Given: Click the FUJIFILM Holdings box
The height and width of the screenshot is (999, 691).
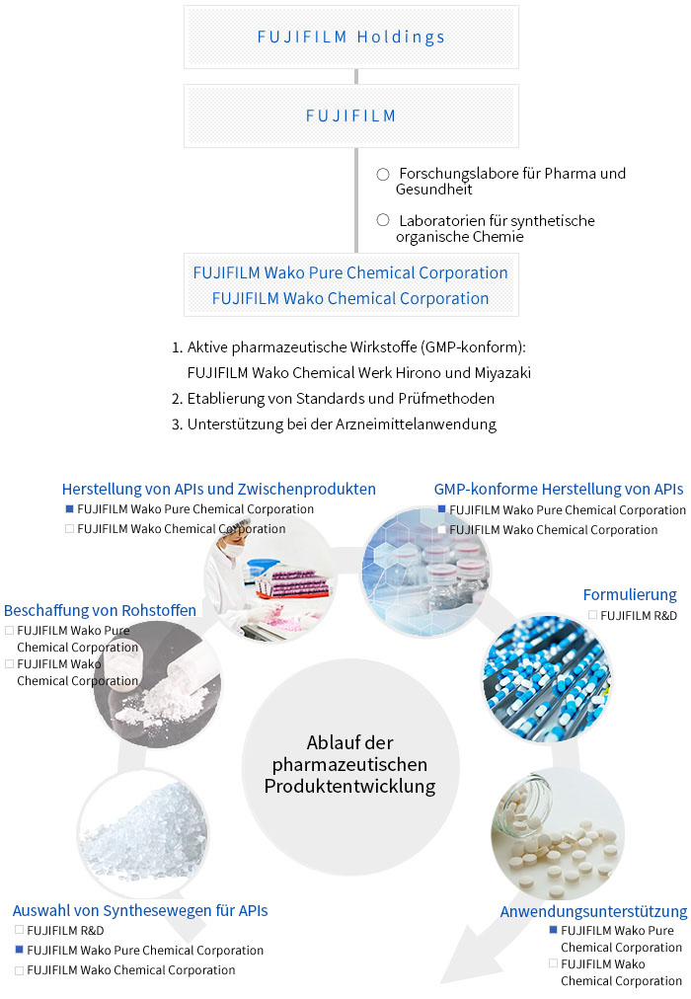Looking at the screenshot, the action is pos(350,37).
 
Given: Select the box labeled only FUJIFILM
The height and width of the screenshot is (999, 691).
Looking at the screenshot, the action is pos(350,115).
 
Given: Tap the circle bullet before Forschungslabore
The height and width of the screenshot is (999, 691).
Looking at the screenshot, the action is pos(383,174).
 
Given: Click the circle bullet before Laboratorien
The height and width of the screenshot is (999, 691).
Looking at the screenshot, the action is pos(383,220).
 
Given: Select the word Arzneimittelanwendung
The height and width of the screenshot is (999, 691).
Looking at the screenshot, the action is pos(416,424).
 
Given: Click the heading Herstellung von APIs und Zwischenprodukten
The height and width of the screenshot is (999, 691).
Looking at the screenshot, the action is pos(218,490).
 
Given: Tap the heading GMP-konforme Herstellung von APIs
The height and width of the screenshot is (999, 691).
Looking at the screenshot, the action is pos(559,490).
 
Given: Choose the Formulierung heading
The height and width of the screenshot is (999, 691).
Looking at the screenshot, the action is pos(630,595).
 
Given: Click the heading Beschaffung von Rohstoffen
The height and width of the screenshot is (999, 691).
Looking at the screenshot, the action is pos(100,610).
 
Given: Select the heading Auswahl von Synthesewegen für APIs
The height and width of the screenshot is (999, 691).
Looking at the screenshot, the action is pos(140,911).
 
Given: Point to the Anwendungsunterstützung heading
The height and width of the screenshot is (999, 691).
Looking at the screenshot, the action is pos(593,912).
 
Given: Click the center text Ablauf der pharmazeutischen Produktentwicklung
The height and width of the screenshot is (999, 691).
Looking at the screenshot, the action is pos(349,764).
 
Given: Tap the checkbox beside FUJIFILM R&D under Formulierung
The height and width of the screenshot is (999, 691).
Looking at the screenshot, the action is pos(593,615).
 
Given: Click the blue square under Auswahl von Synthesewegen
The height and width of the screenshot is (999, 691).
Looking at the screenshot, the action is pos(19,950).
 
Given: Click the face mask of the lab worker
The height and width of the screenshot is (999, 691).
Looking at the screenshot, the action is pos(234,550).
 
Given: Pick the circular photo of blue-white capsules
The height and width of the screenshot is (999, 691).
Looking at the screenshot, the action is pos(547,678).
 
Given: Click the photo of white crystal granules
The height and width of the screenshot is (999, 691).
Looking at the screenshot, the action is pos(143,833).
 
